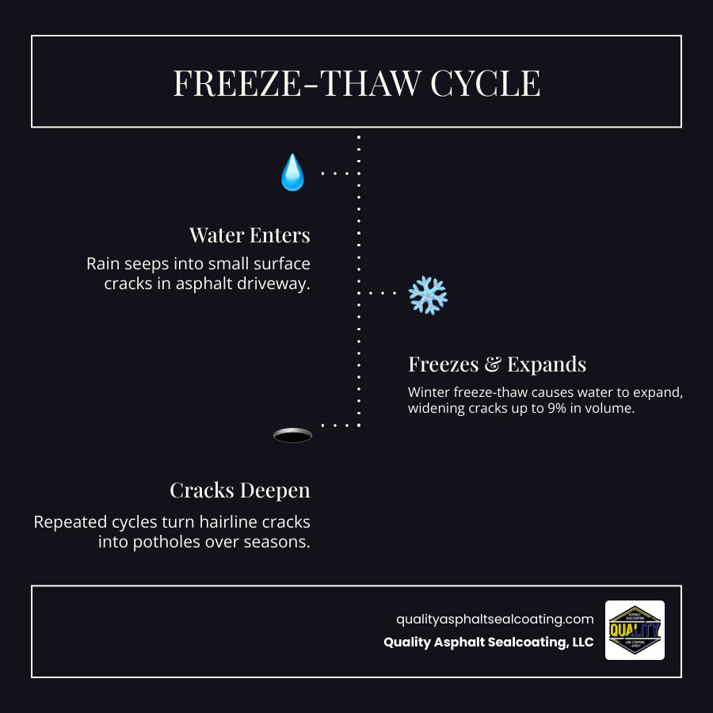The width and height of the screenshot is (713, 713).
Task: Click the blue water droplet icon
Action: [292, 173]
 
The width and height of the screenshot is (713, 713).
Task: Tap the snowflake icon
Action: [428, 295]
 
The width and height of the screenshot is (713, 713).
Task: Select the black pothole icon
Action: [292, 435]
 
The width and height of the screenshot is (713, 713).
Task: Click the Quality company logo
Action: [635, 630]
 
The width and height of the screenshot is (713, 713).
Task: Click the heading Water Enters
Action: [250, 235]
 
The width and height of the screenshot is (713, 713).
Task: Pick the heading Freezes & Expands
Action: [497, 364]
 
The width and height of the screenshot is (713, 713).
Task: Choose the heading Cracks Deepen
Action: [240, 490]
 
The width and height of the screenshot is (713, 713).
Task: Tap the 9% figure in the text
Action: [552, 409]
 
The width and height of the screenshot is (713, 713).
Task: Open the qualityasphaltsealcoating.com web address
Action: [494, 619]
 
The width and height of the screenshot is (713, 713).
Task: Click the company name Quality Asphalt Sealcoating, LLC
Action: [488, 642]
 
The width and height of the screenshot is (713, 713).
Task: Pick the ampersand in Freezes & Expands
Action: [493, 364]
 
